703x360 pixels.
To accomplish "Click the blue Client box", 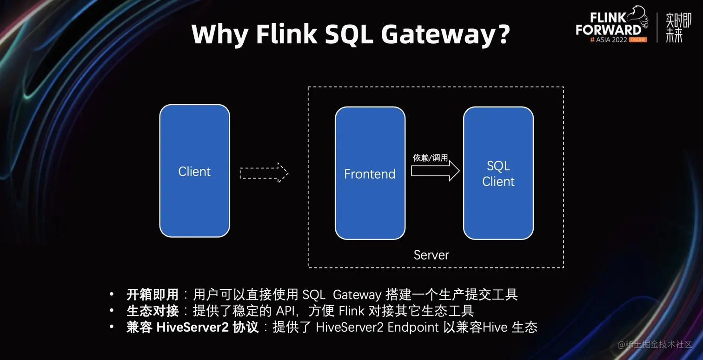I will (194, 171).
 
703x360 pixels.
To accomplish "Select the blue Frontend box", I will (370, 173).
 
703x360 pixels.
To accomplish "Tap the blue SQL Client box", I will (498, 173).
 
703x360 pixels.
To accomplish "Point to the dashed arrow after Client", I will (264, 173).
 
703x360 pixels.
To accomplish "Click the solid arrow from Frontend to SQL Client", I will (435, 171).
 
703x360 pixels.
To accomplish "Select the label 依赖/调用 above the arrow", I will (430, 158).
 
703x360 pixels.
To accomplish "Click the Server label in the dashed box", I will (431, 255).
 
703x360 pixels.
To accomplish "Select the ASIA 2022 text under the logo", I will (610, 40).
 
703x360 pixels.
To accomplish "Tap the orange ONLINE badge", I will (638, 40).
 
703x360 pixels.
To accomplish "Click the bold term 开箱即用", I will (153, 294).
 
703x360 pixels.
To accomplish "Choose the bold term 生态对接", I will (153, 311).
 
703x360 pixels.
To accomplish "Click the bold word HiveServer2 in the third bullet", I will (192, 327).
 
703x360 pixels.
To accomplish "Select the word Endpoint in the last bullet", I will (413, 327).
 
